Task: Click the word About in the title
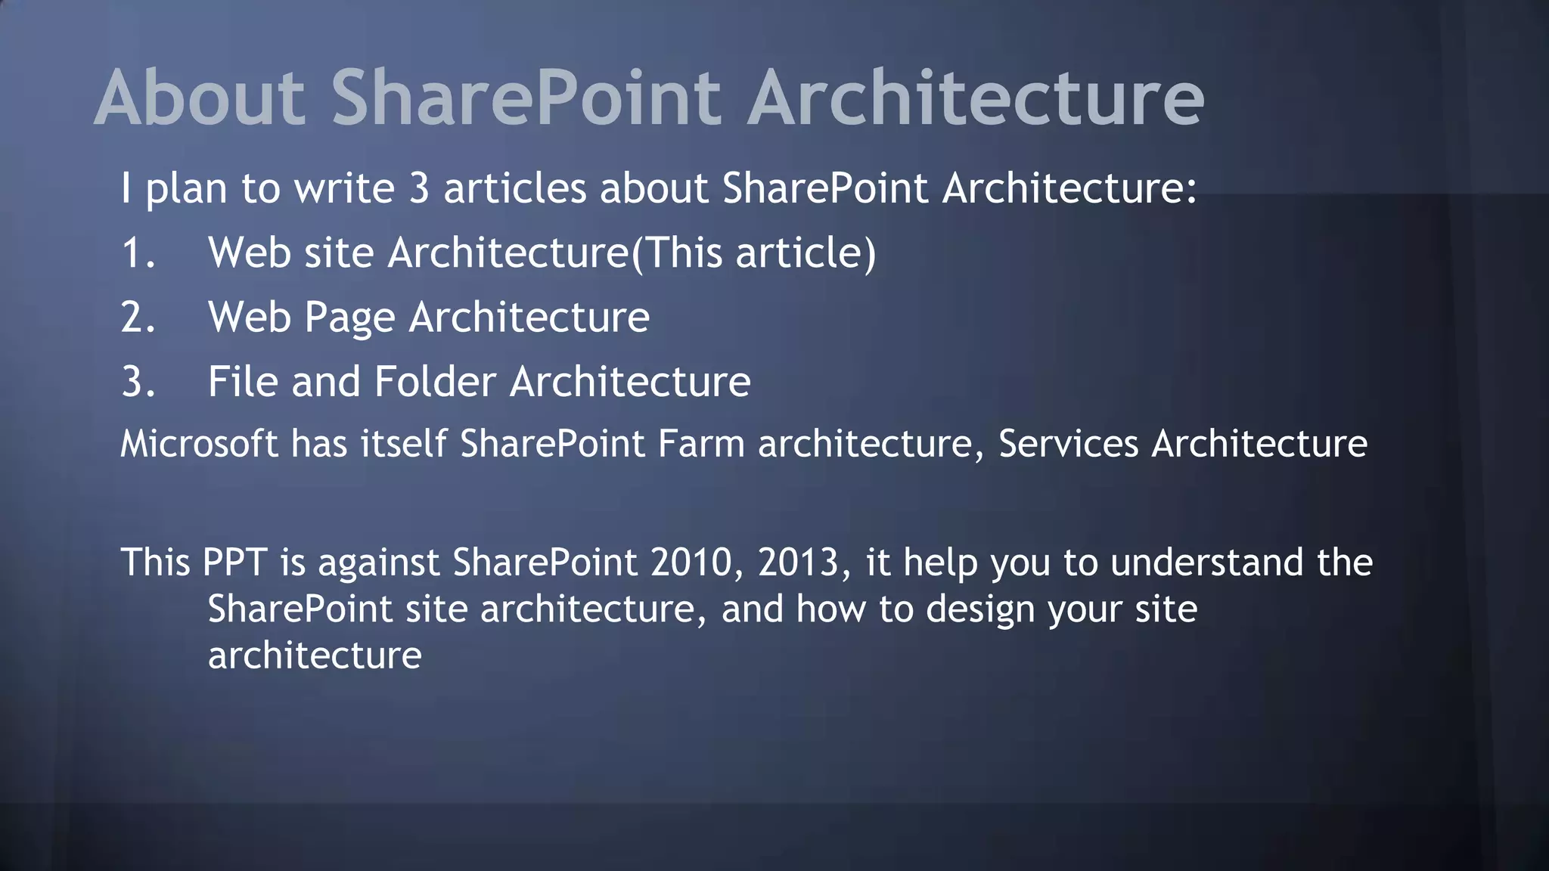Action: tap(200, 98)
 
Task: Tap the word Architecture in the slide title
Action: tap(976, 98)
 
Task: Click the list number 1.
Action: tap(138, 253)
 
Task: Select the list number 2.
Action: tap(138, 317)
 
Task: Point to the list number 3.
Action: tap(138, 381)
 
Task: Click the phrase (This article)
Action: tap(753, 253)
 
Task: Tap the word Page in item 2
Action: tap(349, 318)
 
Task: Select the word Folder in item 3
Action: tap(435, 381)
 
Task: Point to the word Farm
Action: tap(701, 444)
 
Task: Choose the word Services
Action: tap(1068, 444)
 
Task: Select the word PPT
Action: tap(234, 563)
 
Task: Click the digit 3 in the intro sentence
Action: tap(419, 188)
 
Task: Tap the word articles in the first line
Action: tap(514, 188)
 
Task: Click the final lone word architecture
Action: tap(315, 656)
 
